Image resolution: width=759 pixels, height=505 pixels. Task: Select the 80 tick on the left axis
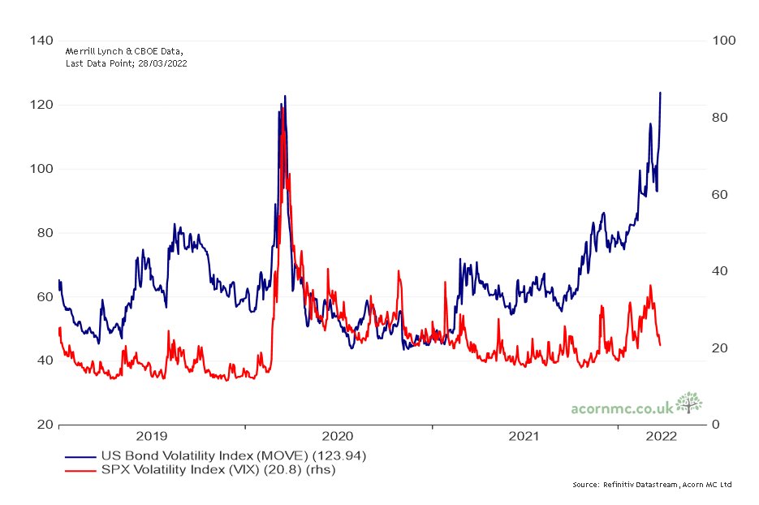point(42,233)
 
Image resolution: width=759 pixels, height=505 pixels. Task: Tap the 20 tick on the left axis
point(42,425)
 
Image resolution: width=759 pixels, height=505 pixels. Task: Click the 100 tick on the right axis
point(721,41)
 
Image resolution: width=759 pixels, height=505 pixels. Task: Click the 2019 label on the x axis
point(152,437)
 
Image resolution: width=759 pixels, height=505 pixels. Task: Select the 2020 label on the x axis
point(339,437)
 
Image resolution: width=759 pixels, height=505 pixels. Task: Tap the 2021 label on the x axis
point(524,437)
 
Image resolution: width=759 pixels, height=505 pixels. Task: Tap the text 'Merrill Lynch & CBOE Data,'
point(125,51)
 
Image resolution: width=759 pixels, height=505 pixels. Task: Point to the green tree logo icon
point(688,403)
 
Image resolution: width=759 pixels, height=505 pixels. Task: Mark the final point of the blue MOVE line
point(660,93)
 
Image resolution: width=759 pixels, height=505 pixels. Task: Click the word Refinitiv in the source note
point(617,485)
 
